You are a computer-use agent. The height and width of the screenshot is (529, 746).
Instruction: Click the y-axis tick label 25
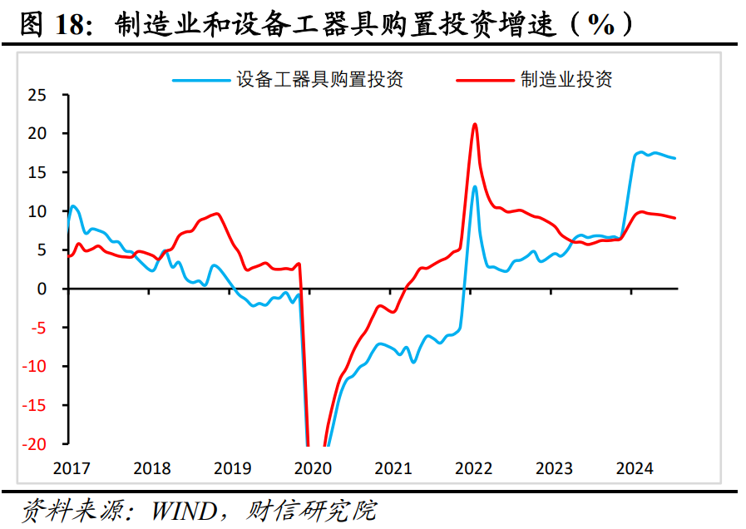(x=37, y=95)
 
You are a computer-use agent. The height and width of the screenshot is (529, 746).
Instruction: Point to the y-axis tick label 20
(x=37, y=133)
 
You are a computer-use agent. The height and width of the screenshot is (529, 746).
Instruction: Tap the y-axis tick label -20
(x=35, y=444)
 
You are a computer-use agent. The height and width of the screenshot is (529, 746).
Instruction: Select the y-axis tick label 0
(x=42, y=289)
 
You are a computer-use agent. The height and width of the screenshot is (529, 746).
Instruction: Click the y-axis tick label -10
(x=35, y=367)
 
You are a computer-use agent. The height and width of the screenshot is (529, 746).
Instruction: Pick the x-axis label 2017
(x=70, y=468)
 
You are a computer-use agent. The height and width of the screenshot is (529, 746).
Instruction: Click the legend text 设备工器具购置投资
(x=320, y=80)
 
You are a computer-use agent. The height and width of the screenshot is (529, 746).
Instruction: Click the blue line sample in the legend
(x=200, y=81)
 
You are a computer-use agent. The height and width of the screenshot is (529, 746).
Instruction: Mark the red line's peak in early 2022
(x=474, y=124)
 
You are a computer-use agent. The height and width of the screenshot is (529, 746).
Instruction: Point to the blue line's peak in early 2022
(x=475, y=186)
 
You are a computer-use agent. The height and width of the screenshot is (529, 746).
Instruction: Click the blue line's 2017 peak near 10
(x=74, y=205)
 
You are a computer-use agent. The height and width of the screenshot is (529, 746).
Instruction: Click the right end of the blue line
(x=675, y=158)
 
